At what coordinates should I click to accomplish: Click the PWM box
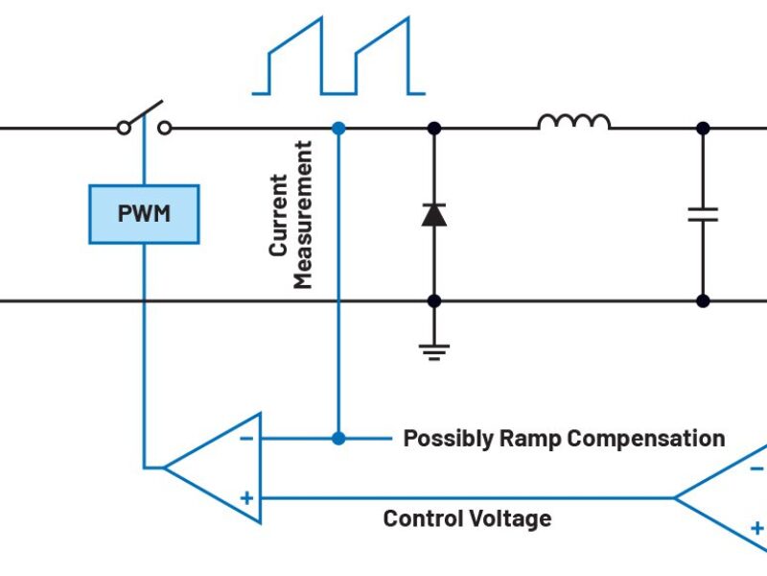pos(144,213)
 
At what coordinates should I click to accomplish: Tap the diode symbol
pos(433,214)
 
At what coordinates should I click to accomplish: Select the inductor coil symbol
pos(573,121)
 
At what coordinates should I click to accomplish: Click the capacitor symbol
pos(703,213)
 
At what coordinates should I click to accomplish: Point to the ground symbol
pos(434,348)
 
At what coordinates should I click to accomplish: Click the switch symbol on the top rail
pos(144,121)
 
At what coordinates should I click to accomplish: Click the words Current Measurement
pos(291,215)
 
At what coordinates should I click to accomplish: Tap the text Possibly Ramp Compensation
pos(564,439)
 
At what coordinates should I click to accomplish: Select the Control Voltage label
pos(467,519)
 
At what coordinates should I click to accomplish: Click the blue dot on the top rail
pos(337,128)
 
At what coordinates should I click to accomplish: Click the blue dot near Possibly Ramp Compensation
pos(337,439)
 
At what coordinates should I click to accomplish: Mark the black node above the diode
pos(433,128)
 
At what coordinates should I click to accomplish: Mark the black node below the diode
pos(433,300)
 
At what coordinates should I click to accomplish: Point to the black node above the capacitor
pos(703,128)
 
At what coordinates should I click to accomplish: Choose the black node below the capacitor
pos(703,300)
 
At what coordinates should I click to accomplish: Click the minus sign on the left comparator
pos(246,439)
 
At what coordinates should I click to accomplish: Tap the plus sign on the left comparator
pos(246,497)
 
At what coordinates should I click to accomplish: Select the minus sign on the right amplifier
pos(756,468)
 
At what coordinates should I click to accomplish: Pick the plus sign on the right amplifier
pos(756,527)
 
